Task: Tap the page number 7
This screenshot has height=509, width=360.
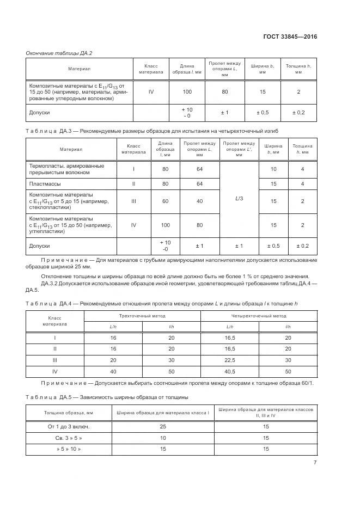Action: click(315, 462)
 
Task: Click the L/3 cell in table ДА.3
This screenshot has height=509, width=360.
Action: click(239, 199)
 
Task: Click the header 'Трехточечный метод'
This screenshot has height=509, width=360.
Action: click(142, 315)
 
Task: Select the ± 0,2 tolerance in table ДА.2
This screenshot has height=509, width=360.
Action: click(298, 112)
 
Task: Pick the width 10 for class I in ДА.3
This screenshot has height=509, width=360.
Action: click(273, 169)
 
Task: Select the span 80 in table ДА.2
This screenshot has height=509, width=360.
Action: click(224, 91)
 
